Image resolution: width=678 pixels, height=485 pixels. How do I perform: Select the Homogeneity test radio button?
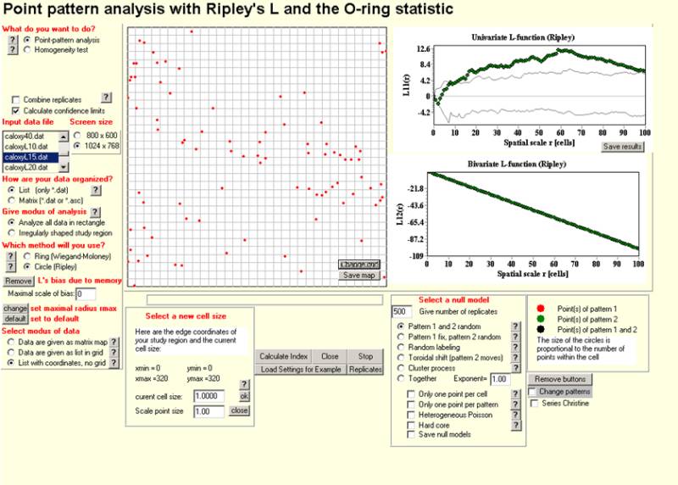coord(26,50)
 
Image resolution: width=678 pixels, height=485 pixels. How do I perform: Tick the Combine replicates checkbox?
coord(17,99)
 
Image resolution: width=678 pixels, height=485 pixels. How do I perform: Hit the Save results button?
coord(623,147)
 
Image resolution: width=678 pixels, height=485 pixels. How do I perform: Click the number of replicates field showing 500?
coord(403,311)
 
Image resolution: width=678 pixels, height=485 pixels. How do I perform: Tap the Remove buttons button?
coord(560,379)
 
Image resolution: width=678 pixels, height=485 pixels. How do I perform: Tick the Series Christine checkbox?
coord(532,403)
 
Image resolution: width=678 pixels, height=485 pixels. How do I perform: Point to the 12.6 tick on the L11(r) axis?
coord(420,49)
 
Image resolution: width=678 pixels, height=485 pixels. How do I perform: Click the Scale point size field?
coord(208,410)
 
